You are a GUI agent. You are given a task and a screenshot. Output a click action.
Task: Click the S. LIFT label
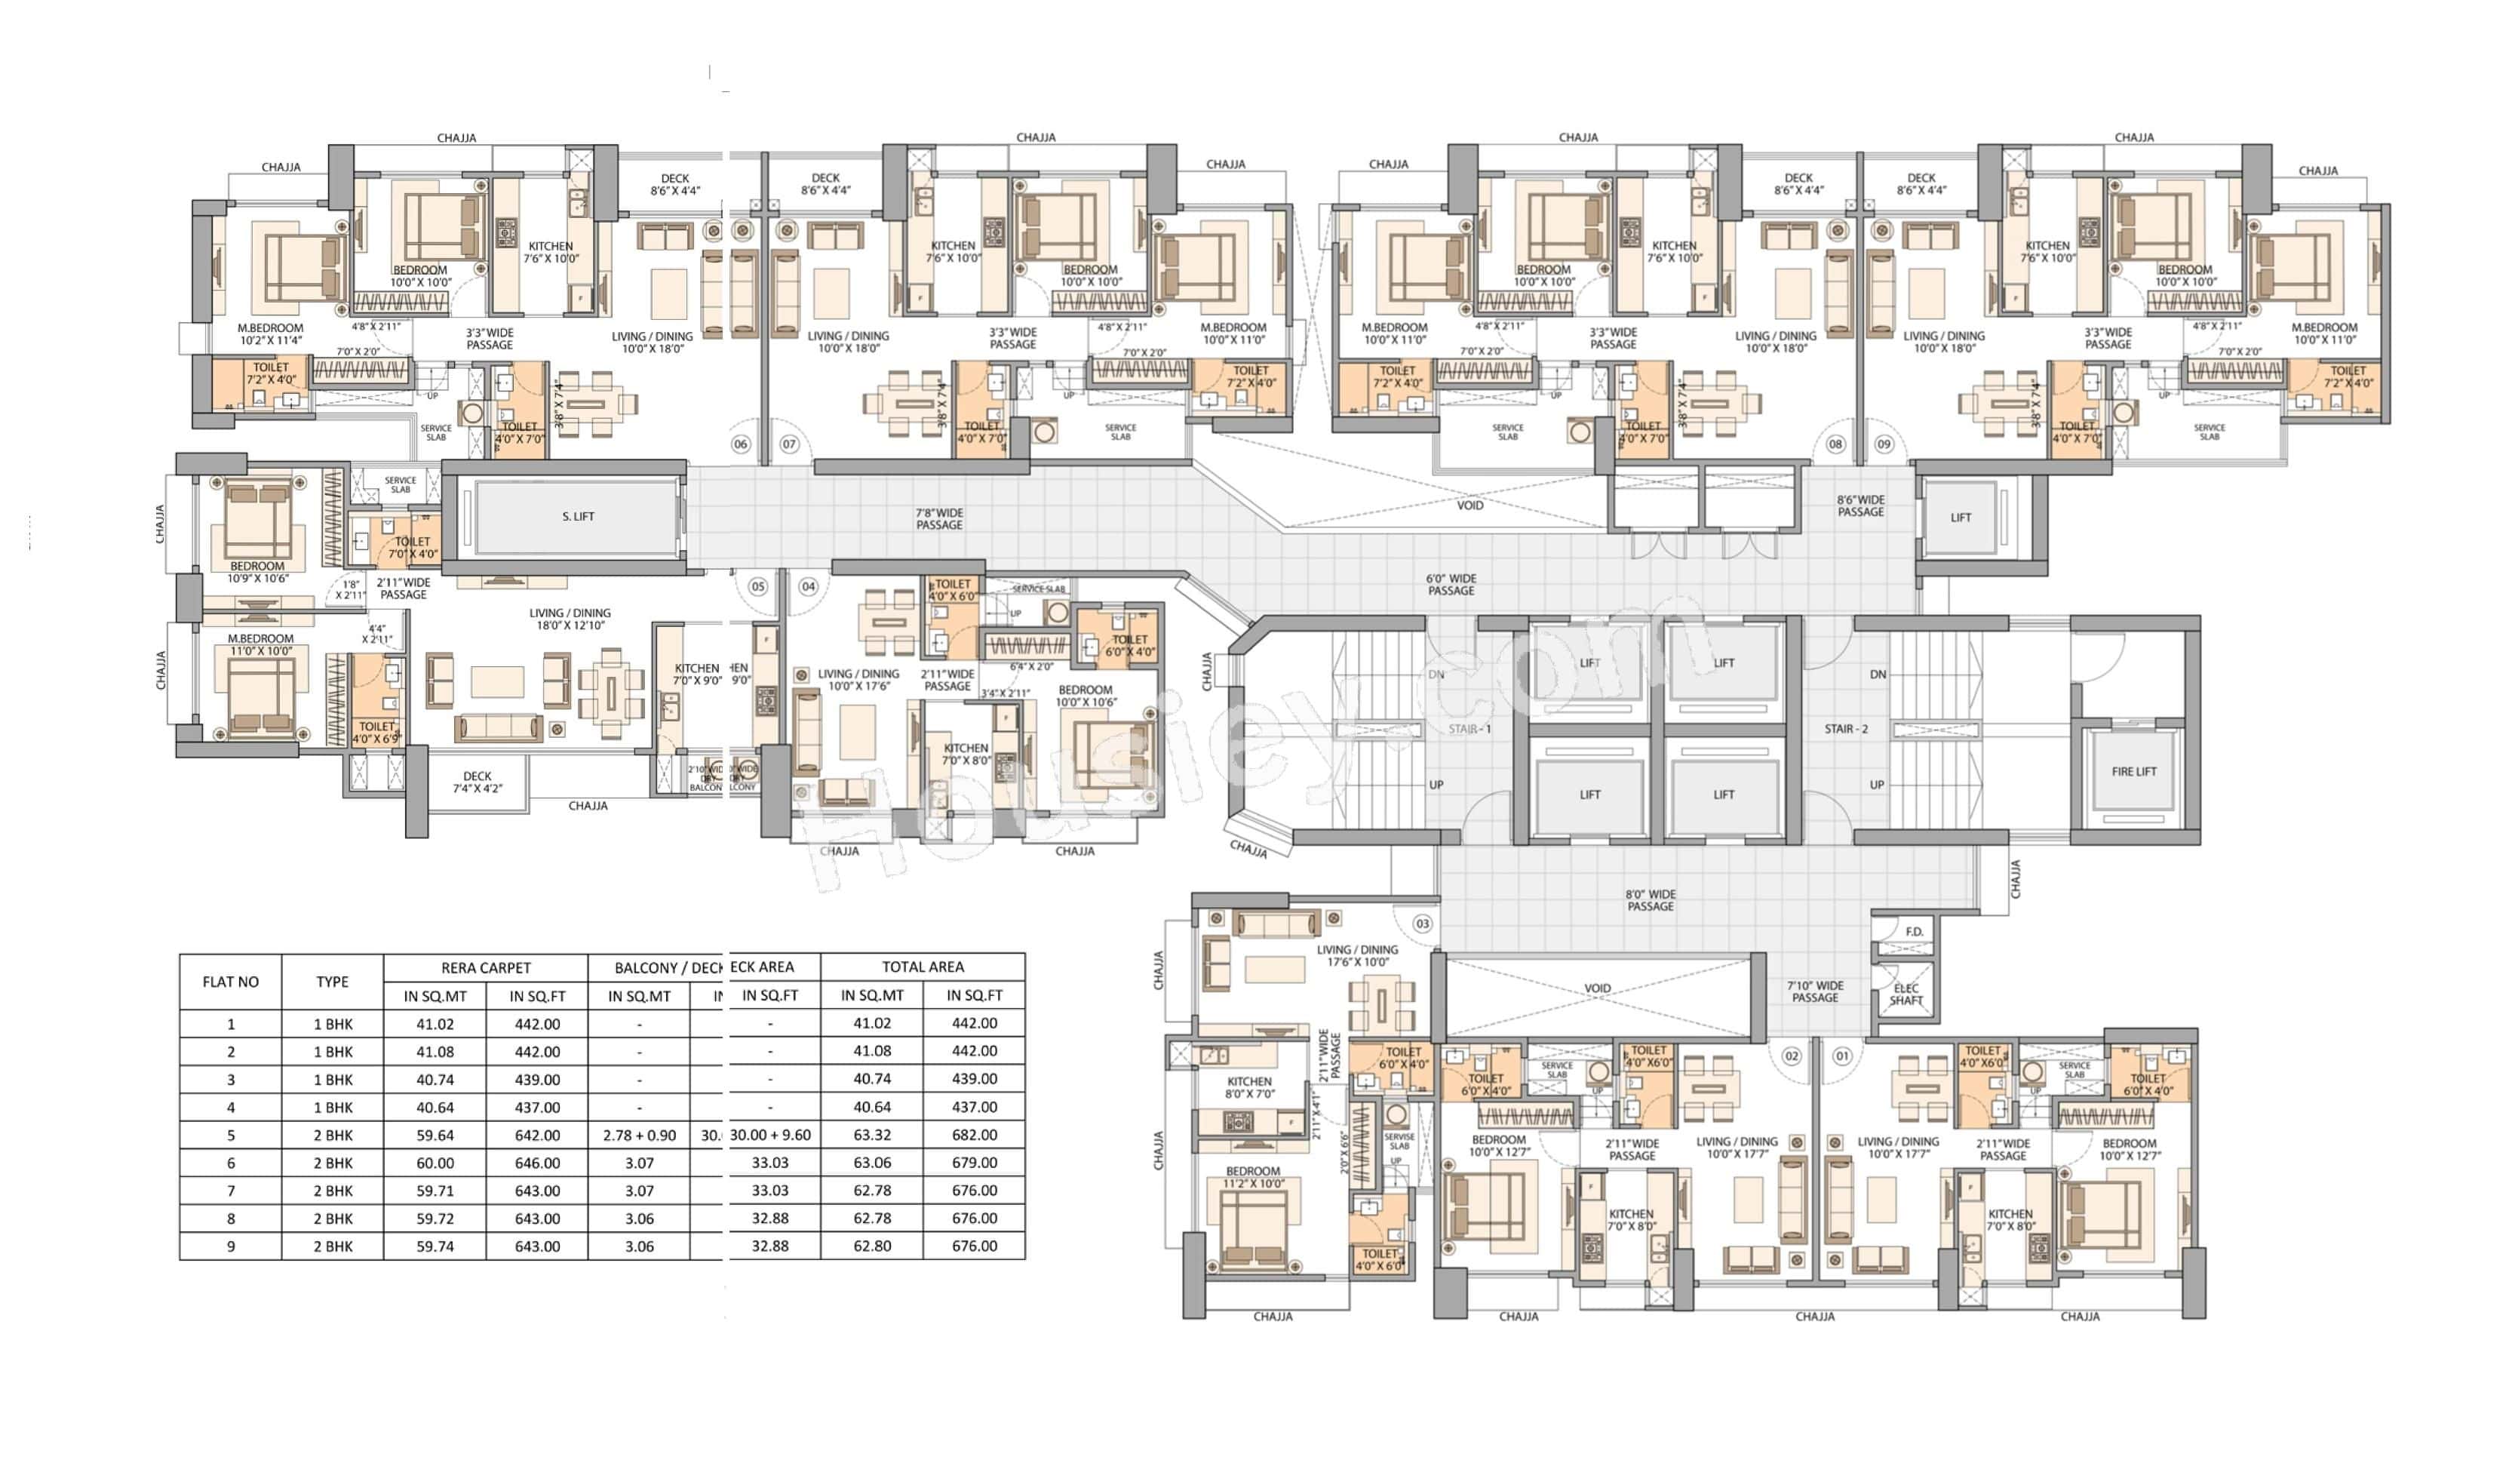click(x=578, y=517)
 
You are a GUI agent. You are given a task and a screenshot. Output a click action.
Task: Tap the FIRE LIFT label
click(x=2133, y=772)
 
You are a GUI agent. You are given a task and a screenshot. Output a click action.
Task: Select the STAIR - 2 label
click(x=1845, y=729)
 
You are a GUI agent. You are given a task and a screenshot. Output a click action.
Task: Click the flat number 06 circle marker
click(x=740, y=444)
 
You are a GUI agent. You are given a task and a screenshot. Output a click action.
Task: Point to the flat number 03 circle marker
click(x=1422, y=924)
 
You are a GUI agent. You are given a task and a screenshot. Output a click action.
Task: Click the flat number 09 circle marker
click(x=1883, y=444)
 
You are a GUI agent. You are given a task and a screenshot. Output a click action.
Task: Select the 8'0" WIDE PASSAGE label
click(x=1650, y=900)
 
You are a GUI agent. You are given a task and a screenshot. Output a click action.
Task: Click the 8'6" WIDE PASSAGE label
click(x=1859, y=506)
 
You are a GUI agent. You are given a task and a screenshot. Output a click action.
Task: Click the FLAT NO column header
click(x=230, y=982)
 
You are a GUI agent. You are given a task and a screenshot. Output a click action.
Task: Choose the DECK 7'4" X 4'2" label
click(x=477, y=782)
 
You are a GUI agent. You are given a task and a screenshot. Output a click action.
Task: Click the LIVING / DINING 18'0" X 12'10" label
click(x=570, y=619)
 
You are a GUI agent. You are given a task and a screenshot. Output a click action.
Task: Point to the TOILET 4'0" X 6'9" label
click(x=377, y=733)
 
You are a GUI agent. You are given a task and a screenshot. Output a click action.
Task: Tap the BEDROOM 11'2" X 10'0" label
click(x=1252, y=1177)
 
